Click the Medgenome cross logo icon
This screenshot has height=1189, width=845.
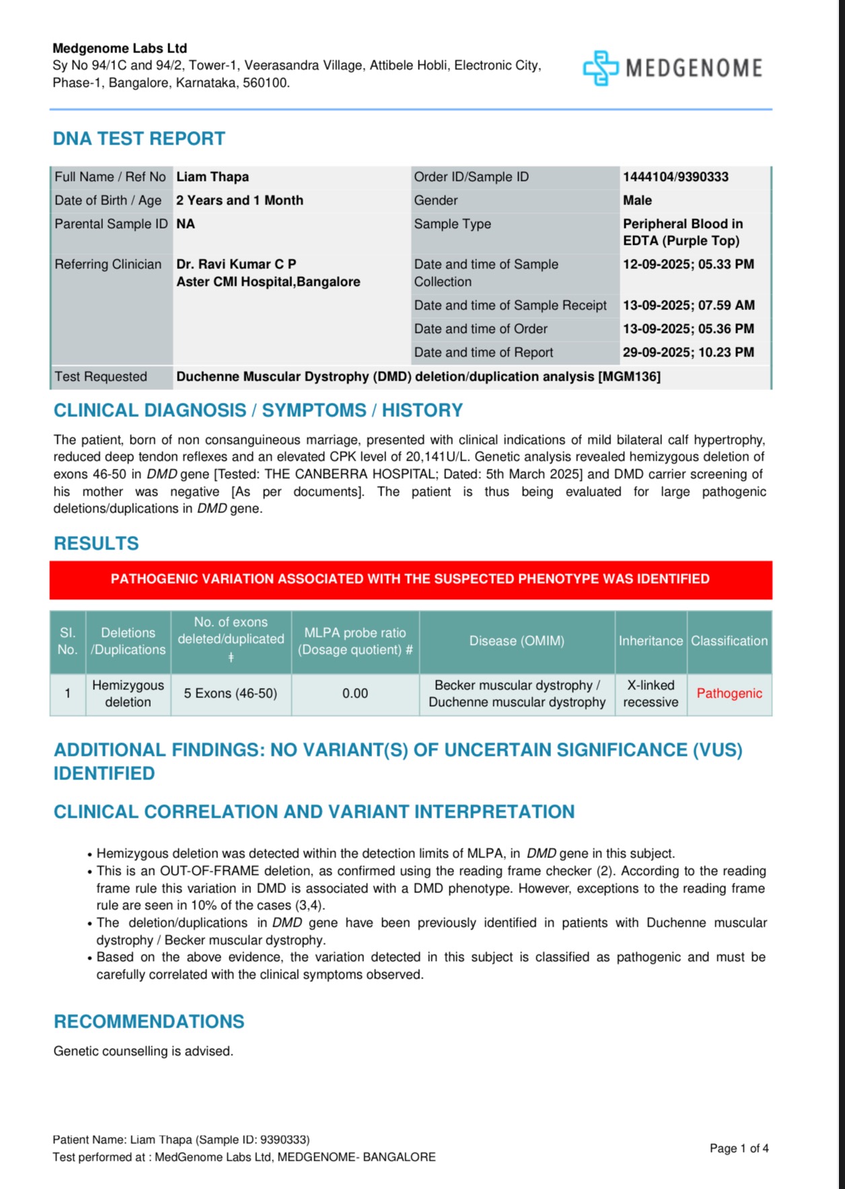(x=600, y=68)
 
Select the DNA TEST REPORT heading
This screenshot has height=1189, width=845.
(x=139, y=139)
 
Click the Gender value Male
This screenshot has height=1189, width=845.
(x=637, y=200)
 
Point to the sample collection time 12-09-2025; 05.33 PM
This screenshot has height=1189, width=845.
(x=688, y=264)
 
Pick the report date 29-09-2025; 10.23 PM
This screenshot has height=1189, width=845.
(x=688, y=352)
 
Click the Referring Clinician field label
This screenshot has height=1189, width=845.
(x=108, y=264)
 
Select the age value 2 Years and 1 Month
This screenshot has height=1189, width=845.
(x=240, y=200)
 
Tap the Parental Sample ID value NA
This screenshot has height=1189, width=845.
(x=186, y=224)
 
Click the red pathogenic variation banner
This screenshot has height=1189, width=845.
(x=410, y=579)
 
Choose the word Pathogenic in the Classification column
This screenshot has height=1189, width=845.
(x=729, y=693)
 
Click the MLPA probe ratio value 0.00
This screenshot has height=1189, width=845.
(x=355, y=693)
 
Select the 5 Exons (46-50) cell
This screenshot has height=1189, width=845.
(x=231, y=693)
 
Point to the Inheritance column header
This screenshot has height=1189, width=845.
(x=651, y=641)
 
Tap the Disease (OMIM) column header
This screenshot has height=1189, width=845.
(x=517, y=641)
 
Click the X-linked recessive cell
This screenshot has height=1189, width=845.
(x=651, y=693)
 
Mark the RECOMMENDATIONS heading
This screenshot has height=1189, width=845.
(x=149, y=1022)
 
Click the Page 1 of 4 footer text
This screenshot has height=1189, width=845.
(x=739, y=1149)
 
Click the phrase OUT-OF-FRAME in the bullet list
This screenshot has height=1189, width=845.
(x=211, y=871)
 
